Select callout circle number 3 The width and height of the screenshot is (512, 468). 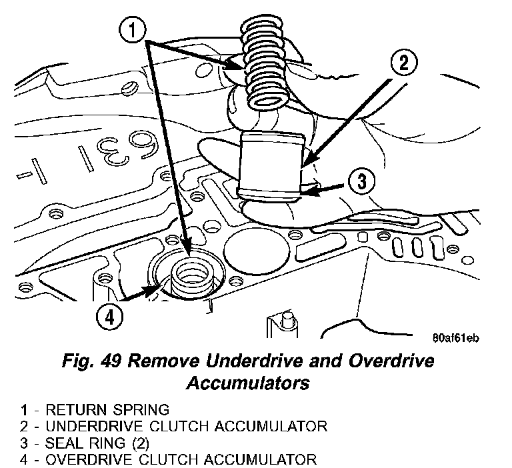coord(359,181)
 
